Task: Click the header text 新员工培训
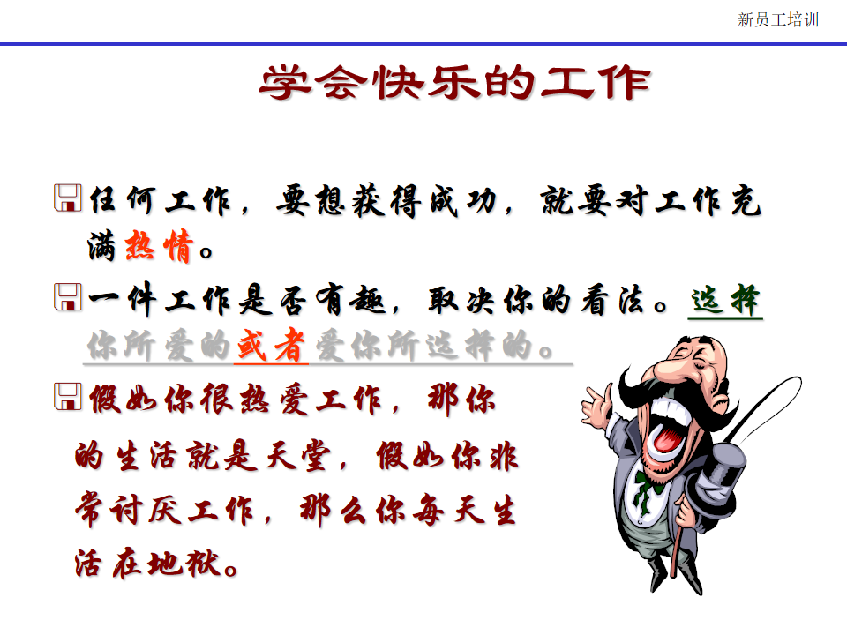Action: [x=778, y=20]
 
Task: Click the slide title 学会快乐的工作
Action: [x=455, y=83]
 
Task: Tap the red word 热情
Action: [x=158, y=246]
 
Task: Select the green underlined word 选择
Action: [x=725, y=300]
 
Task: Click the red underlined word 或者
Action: [x=271, y=345]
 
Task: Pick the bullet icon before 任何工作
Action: [x=68, y=198]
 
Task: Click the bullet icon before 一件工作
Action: [x=68, y=297]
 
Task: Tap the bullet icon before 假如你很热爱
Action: [x=68, y=396]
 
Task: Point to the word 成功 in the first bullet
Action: [x=463, y=201]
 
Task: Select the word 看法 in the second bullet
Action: [x=612, y=300]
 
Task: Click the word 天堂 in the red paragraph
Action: [x=297, y=456]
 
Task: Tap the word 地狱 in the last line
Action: [x=184, y=564]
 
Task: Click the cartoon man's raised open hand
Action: [x=596, y=405]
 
